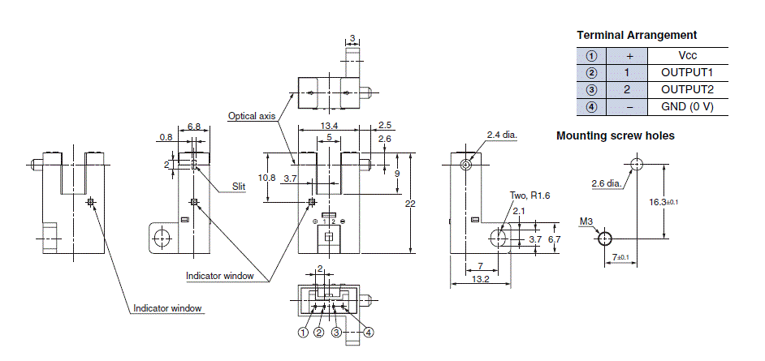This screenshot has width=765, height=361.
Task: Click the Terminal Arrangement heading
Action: click(637, 35)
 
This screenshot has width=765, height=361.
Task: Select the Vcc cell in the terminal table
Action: click(686, 56)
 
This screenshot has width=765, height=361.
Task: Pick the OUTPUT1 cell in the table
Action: click(686, 73)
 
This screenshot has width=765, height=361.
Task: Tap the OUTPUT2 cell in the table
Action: click(686, 90)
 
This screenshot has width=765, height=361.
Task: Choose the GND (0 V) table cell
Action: click(686, 107)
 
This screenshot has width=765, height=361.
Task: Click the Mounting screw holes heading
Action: click(615, 135)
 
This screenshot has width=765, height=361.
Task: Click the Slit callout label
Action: click(239, 186)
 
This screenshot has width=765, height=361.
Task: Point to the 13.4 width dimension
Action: click(329, 126)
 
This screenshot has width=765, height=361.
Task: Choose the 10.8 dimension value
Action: click(266, 177)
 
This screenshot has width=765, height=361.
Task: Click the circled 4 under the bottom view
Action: click(369, 331)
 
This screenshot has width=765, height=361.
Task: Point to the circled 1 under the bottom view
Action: click(303, 331)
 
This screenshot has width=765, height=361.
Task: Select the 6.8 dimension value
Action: click(194, 127)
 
